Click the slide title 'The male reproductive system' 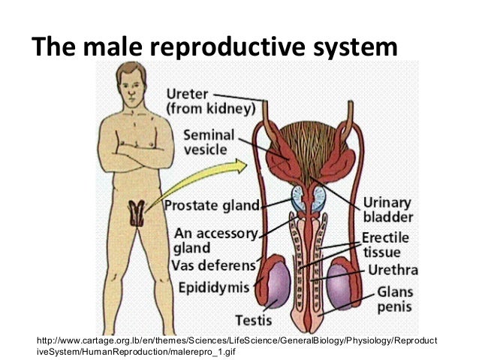(x=214, y=47)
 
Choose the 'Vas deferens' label (x=214, y=265)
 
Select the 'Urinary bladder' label (x=387, y=210)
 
